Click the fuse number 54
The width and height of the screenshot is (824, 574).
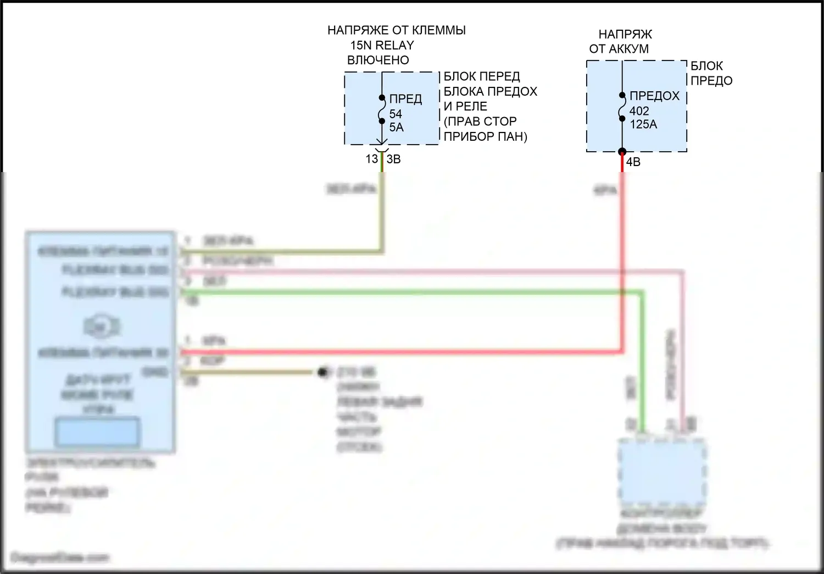point(396,114)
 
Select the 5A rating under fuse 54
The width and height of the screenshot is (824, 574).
point(396,127)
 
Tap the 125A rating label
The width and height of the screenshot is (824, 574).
point(643,124)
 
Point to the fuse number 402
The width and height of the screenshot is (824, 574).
point(639,111)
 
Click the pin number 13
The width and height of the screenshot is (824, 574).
point(372,159)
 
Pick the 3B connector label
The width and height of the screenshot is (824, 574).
point(393,159)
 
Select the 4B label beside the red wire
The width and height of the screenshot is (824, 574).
point(633,162)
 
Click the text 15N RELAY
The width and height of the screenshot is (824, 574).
point(382,45)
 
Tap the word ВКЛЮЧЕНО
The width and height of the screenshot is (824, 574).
point(378,60)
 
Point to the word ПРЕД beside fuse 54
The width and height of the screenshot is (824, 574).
point(405,99)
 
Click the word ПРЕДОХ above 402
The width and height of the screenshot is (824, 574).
point(654,96)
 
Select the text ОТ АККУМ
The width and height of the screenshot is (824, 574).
point(619,49)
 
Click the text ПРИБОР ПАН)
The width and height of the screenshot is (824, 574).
point(485,136)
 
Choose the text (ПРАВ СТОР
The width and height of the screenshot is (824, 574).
point(480,121)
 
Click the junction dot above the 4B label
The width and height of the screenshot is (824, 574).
point(622,152)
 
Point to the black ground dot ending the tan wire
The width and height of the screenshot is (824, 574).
point(322,373)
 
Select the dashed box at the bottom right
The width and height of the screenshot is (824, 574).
point(661,472)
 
